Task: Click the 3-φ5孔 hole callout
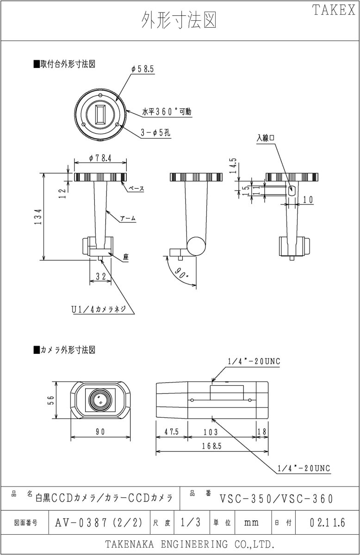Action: [155, 133]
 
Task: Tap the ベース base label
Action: [136, 189]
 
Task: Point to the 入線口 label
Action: [266, 137]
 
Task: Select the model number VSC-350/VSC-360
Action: [276, 498]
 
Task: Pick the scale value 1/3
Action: [191, 523]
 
